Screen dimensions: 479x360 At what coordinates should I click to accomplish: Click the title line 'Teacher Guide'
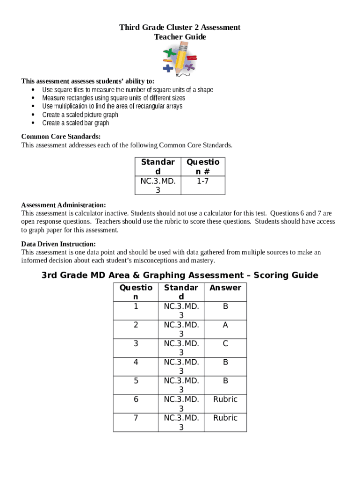click(180, 37)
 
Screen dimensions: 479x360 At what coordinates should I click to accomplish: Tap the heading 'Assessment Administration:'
click(64, 205)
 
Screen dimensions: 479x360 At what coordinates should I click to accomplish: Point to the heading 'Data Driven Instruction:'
click(58, 244)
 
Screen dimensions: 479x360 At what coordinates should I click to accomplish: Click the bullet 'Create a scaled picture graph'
click(80, 115)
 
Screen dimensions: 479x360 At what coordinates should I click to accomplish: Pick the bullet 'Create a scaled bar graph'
click(75, 123)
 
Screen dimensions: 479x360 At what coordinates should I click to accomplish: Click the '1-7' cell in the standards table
click(202, 181)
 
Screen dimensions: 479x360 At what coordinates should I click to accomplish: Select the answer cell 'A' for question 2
click(225, 325)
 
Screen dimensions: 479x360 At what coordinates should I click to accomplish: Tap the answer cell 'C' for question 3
click(225, 343)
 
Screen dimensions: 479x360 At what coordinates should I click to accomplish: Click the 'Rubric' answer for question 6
click(225, 399)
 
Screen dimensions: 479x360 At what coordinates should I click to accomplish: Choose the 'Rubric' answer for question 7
click(225, 418)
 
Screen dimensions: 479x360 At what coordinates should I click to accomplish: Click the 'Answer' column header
click(225, 288)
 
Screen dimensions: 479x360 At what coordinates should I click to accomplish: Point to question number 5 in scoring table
click(136, 381)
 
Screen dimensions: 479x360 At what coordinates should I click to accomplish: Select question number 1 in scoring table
click(136, 306)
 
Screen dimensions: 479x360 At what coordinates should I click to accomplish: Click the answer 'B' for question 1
click(225, 306)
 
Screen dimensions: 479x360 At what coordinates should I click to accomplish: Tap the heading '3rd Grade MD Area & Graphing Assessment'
click(180, 275)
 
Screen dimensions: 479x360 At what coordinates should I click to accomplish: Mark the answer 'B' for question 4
click(225, 362)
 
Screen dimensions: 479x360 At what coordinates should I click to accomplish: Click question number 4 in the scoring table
click(136, 362)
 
